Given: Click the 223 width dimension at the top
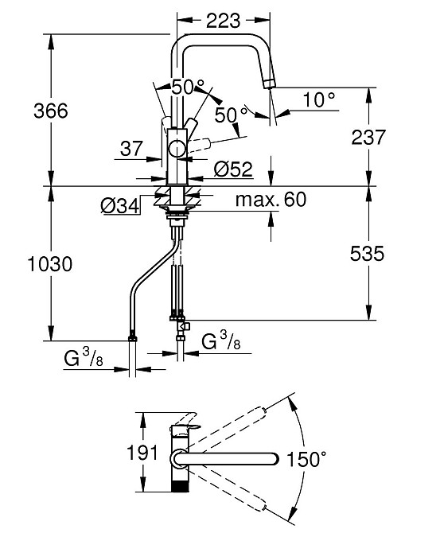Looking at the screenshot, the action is point(223,21).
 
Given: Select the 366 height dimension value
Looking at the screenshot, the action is point(51,111).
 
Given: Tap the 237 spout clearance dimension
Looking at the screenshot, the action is point(368,138).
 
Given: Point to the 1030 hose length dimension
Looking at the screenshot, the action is point(50,264).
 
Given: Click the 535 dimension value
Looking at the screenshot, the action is point(367,253).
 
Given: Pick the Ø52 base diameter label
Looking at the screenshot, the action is point(234,169).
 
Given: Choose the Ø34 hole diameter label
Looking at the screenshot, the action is point(120,206).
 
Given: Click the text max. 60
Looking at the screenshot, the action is point(271,200).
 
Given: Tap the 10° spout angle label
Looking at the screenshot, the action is point(319,99).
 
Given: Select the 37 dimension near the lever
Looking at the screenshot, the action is point(131,149).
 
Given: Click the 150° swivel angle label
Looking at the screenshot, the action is point(306,459).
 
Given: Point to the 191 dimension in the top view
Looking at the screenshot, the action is point(142,453).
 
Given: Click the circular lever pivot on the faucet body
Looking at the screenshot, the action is point(177,149).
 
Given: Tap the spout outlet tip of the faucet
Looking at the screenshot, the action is point(269,84).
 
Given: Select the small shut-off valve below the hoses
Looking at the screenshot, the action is point(184,325).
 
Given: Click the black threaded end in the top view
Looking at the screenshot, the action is point(179,486).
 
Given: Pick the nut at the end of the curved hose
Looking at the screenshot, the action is point(133,337).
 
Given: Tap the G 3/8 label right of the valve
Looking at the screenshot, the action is point(221,341).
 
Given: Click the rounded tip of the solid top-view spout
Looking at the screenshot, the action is point(276,459).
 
